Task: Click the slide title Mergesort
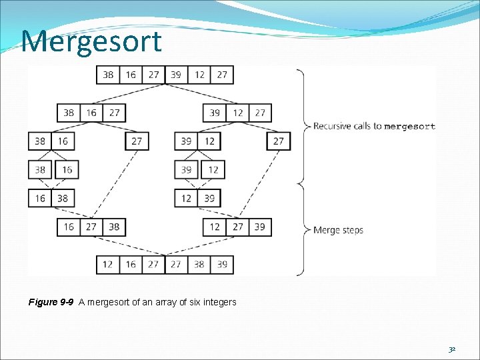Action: pos(91,41)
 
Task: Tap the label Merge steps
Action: pos(338,230)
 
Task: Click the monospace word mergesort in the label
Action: pos(409,126)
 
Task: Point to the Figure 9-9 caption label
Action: pos(51,302)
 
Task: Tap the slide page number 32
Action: pos(452,349)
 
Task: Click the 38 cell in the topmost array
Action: pos(108,75)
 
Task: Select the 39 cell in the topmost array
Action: pos(176,75)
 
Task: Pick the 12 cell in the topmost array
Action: pos(199,75)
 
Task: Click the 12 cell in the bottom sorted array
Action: pos(108,265)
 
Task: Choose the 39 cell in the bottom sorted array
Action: pos(222,265)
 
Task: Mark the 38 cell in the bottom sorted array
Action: pos(199,265)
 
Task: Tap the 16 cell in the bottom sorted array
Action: pos(131,265)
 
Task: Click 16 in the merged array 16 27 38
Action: pos(69,227)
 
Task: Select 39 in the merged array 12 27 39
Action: pos(259,227)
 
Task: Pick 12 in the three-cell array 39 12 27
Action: pos(237,113)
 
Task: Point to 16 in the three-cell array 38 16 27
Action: pos(91,113)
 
